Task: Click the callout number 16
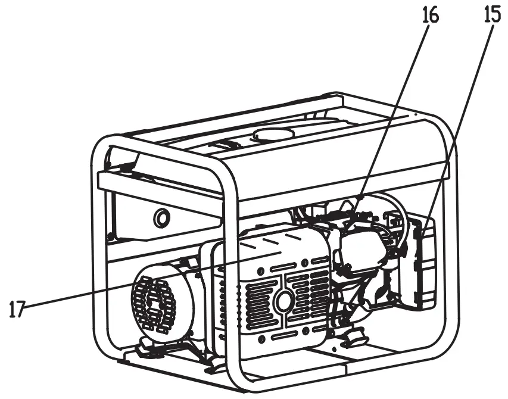(429, 15)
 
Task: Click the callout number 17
(18, 308)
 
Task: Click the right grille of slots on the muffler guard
(310, 298)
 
